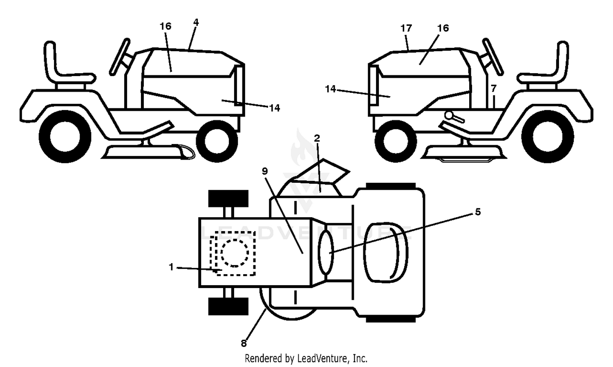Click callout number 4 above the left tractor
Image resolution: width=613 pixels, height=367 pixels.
point(196,22)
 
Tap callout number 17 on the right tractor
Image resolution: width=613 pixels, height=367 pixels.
point(406,28)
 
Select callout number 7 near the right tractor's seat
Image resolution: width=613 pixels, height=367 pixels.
point(493,88)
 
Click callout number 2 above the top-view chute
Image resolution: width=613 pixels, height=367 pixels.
point(317,138)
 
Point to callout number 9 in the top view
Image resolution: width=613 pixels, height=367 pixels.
point(265,171)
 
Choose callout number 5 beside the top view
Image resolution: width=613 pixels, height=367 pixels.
point(478,212)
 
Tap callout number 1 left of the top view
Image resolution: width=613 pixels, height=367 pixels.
point(171,267)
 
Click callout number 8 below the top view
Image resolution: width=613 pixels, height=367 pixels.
point(244,343)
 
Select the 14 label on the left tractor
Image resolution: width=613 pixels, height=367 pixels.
point(275,108)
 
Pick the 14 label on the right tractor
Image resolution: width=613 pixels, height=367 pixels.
point(330,89)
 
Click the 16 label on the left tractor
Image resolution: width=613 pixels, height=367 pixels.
point(165,26)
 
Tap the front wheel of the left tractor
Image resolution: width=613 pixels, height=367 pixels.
point(217,141)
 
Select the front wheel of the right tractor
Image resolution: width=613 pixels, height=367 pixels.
point(396,141)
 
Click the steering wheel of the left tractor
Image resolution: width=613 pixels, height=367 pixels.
point(120,57)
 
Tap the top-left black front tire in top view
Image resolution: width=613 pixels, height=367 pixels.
point(228,198)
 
